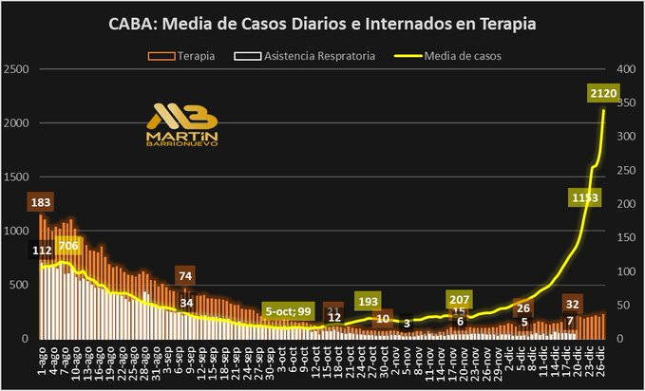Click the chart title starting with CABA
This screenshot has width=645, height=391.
coord(323,24)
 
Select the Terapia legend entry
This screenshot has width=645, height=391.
coord(196,56)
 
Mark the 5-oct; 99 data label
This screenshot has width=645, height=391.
coord(290,311)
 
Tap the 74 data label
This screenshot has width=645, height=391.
coord(186,276)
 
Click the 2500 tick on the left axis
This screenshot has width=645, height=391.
coord(15,69)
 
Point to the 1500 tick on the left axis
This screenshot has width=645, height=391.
coord(15,177)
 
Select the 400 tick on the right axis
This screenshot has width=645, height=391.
coord(626,69)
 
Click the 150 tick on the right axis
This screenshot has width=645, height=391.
coord(626,237)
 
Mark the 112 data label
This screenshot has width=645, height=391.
coord(41,251)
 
